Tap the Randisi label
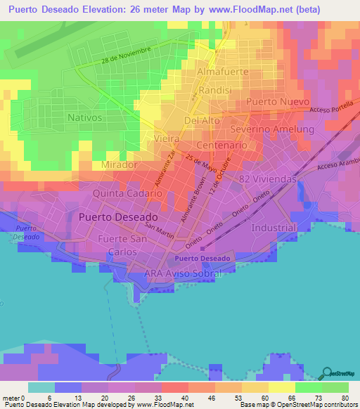[215, 91]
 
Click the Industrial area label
[274, 228]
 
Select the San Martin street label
[160, 230]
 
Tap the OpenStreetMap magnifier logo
[328, 372]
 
